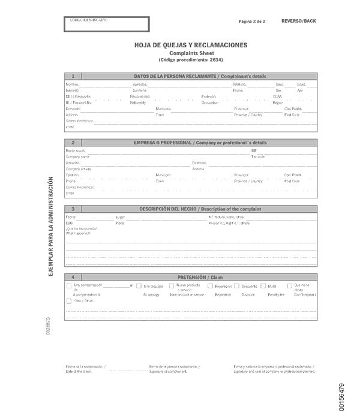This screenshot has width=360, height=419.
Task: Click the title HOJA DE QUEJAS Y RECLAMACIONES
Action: [190, 45]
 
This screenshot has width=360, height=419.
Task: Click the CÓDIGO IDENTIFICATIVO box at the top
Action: [107, 24]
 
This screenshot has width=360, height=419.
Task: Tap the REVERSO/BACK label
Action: [298, 21]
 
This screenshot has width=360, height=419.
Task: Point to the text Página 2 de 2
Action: [252, 21]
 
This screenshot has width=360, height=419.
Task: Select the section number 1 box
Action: [73, 76]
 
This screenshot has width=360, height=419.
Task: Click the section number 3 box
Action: [73, 209]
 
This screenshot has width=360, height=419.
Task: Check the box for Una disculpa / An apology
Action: [139, 287]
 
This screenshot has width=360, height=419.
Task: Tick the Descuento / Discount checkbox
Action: [237, 287]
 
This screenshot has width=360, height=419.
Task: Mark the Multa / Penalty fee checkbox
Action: [263, 287]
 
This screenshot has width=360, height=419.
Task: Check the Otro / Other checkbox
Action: [69, 301]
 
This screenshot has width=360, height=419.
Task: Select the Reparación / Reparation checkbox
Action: [210, 287]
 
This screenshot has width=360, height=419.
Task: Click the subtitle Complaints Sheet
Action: [190, 53]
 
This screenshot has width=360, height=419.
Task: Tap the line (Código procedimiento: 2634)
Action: [190, 60]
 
